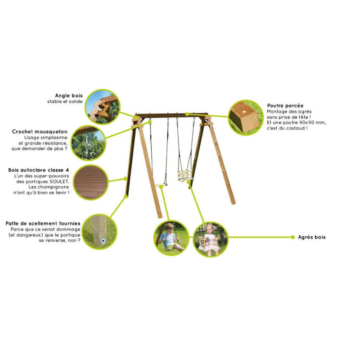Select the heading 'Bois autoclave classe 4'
tap(39, 170)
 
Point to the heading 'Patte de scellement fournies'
tap(43, 223)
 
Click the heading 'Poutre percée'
tap(285, 106)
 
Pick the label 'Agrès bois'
tap(311, 237)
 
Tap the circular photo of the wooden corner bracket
tap(103, 107)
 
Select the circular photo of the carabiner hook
tap(88, 143)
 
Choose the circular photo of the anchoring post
tap(99, 232)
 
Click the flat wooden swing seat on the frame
tap(162, 184)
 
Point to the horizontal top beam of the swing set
tap(171, 115)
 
